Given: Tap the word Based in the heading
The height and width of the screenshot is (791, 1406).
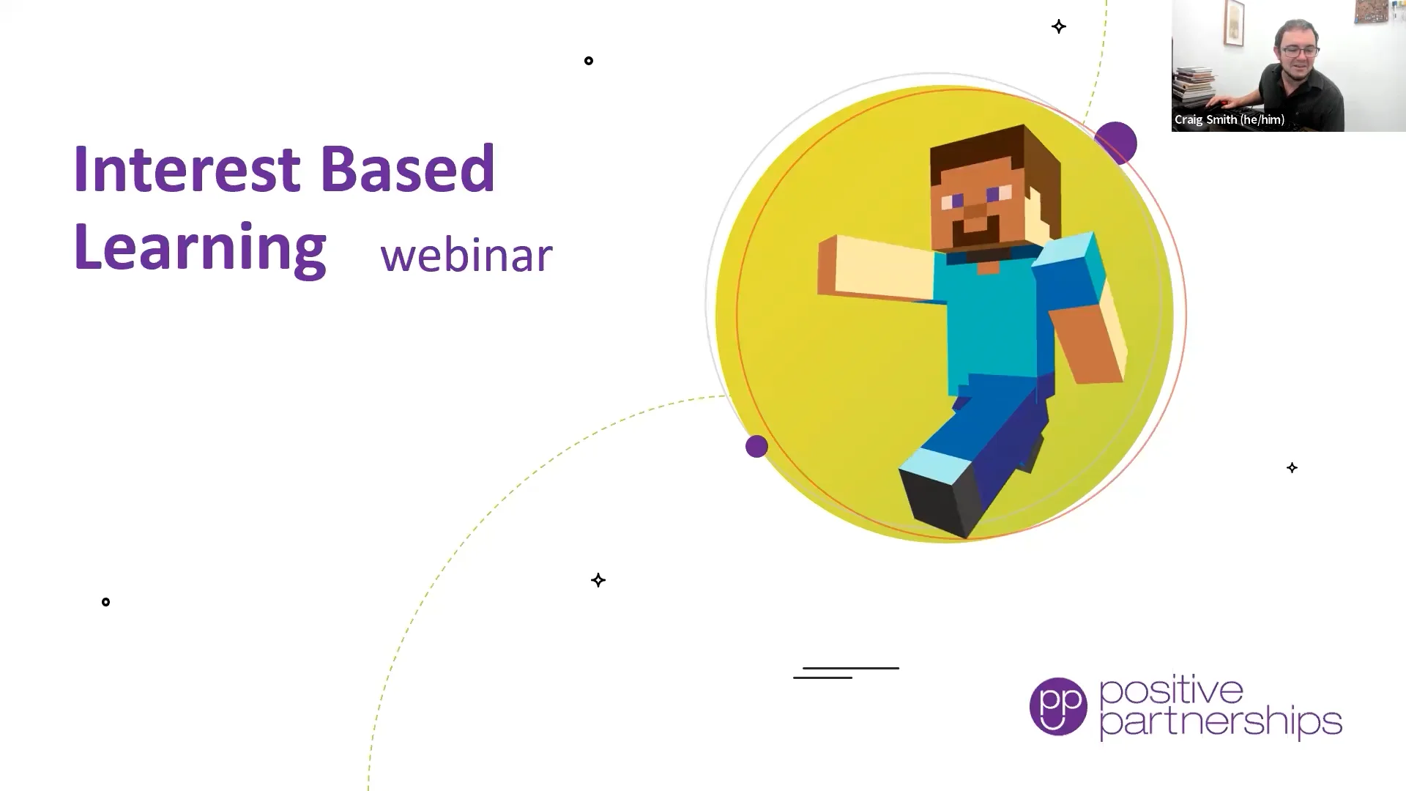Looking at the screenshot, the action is [x=408, y=168].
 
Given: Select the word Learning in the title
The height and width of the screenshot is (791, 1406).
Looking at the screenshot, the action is [x=200, y=249].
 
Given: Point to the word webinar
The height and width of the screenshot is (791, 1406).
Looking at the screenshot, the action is [x=466, y=255].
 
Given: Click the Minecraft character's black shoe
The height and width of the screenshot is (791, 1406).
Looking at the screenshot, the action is [x=941, y=502].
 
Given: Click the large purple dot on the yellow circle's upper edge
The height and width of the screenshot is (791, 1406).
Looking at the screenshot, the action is [x=1115, y=144].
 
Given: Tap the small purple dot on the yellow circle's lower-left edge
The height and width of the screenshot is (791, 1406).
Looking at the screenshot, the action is [x=756, y=446].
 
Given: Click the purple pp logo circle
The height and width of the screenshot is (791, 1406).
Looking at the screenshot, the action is [x=1058, y=706].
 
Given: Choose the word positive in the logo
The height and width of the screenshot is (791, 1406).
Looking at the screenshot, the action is [x=1172, y=691].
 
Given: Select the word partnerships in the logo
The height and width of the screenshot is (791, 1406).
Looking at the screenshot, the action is [x=1221, y=723].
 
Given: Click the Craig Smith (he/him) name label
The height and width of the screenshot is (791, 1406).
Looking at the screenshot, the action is [x=1230, y=119].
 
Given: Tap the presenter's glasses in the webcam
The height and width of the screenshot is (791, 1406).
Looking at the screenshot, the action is [x=1300, y=51].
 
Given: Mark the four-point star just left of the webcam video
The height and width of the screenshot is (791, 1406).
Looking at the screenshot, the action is [x=1059, y=27].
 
